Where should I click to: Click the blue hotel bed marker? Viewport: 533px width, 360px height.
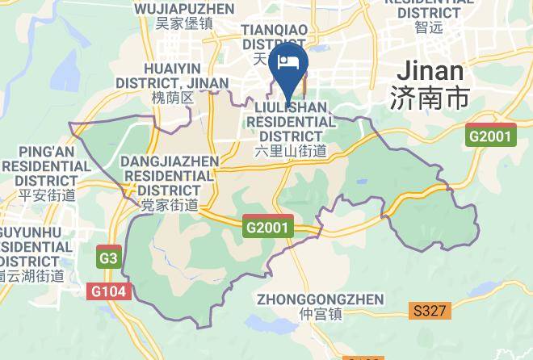pos(288,63)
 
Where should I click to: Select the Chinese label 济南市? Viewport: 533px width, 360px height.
pos(428,98)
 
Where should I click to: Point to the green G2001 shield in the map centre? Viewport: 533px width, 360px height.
pos(266,228)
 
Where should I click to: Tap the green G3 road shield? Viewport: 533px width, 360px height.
pos(107,258)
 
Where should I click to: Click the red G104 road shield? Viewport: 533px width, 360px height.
pos(107,291)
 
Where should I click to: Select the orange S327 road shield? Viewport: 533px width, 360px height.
pos(430,309)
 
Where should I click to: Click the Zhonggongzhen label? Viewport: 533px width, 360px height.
pos(320,299)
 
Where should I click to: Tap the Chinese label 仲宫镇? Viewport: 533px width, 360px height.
pos(320,314)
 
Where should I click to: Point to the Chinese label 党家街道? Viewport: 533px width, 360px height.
pos(170,206)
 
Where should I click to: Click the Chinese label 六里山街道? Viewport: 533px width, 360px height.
pos(291,151)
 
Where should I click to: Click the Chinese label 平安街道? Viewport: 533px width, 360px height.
pos(46,195)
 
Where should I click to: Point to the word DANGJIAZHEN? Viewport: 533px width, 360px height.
pos(170,161)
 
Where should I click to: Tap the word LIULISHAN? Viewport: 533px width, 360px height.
pos(291,107)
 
